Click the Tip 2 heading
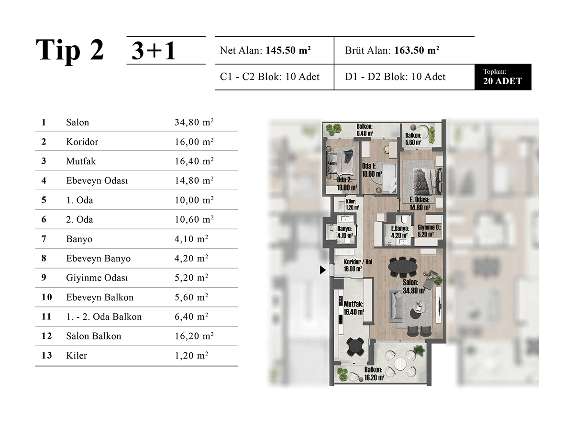coord(70,51)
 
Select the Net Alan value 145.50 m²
coord(288,50)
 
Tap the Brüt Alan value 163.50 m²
coord(417,50)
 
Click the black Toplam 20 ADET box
coord(503,77)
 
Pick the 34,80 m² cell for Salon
coord(194,122)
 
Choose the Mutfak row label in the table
coord(81,161)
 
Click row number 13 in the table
coord(46,355)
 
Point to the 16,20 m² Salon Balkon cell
coord(194,336)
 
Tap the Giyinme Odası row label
coord(97,278)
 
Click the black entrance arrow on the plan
coord(322,270)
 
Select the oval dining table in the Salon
coord(403,267)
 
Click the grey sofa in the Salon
coord(396,306)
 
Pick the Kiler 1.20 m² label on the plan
coord(353,204)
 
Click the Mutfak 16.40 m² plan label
coord(353,308)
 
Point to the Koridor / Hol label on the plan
coord(358,262)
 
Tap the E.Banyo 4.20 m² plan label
coord(400,232)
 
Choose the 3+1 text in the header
coord(154,50)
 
